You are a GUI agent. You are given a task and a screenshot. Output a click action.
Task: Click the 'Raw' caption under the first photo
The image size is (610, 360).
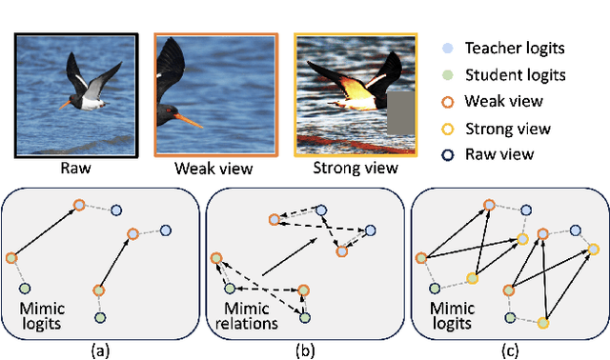[75, 169]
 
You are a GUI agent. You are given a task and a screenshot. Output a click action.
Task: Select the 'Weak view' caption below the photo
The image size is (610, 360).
[213, 169]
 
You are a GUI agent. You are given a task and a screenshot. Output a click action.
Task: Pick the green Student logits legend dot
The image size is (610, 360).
[448, 74]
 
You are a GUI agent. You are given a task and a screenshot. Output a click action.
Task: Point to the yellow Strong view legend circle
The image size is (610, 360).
[448, 127]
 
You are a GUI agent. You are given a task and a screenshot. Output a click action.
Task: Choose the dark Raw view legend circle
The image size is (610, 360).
[448, 153]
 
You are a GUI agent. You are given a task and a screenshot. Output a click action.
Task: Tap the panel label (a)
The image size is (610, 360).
[99, 350]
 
